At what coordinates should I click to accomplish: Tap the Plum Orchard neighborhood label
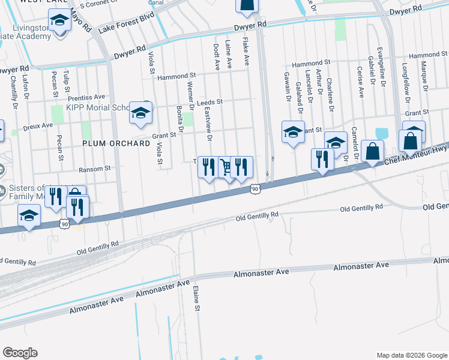click(x=116, y=144)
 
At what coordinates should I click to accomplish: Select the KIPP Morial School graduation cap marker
click(x=140, y=113)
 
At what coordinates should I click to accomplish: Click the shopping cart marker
click(x=226, y=167)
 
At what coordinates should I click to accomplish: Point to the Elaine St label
click(x=196, y=298)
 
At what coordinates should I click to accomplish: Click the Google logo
click(x=20, y=353)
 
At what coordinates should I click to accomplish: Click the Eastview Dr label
click(x=208, y=124)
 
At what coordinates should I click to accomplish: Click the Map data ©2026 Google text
click(x=411, y=354)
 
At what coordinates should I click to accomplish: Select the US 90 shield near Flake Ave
click(x=255, y=189)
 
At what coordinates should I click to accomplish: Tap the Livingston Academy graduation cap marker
click(x=59, y=23)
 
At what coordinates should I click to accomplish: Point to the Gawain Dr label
click(x=286, y=85)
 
